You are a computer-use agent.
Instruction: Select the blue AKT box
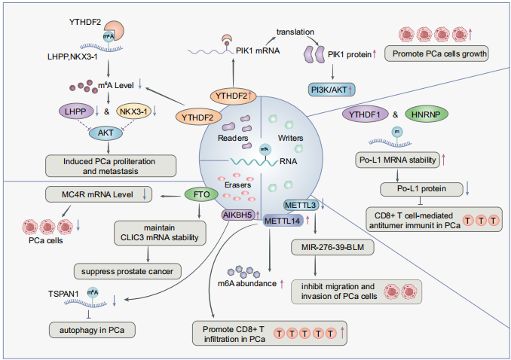[x=108, y=133]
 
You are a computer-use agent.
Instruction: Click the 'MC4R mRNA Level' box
[x=101, y=195]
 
